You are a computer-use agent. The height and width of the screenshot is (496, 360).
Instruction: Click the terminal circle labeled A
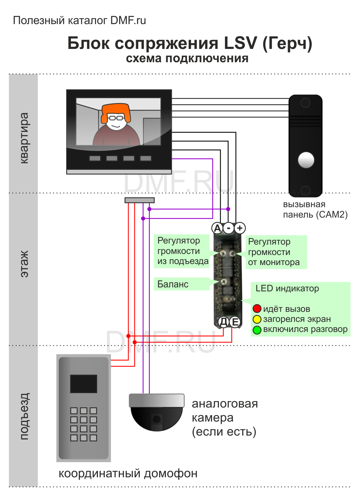tap(217, 228)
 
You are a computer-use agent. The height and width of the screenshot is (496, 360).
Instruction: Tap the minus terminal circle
tap(229, 228)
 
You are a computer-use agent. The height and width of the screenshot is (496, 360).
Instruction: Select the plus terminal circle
tap(240, 228)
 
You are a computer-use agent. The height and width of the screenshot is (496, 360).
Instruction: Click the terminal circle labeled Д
tap(224, 322)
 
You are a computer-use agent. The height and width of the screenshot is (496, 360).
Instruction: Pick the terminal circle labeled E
tap(235, 322)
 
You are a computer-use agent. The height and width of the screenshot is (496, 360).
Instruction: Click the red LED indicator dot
tap(257, 309)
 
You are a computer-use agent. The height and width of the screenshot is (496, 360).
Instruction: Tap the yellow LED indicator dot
tap(257, 319)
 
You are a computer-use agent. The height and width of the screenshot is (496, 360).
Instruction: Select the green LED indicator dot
tap(257, 329)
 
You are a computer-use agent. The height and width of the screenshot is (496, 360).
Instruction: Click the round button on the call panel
tap(306, 160)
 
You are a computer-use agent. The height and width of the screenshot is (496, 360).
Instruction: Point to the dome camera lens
tap(157, 419)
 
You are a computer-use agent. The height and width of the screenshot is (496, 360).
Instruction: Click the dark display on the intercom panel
tap(84, 383)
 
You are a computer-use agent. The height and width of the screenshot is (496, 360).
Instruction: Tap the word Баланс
tap(173, 284)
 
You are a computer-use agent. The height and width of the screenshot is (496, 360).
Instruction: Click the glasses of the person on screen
tap(116, 118)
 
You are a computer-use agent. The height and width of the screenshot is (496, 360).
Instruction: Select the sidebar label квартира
tap(24, 138)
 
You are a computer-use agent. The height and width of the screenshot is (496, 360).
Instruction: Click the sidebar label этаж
tap(24, 264)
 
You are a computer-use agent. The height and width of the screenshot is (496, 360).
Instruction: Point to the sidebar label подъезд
tap(24, 416)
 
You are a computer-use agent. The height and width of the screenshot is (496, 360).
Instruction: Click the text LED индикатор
tap(287, 288)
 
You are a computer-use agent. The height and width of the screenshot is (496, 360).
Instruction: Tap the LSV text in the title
tap(240, 43)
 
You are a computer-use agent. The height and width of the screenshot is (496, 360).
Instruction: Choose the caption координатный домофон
tap(128, 473)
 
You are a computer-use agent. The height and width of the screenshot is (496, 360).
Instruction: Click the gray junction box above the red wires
tap(140, 200)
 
